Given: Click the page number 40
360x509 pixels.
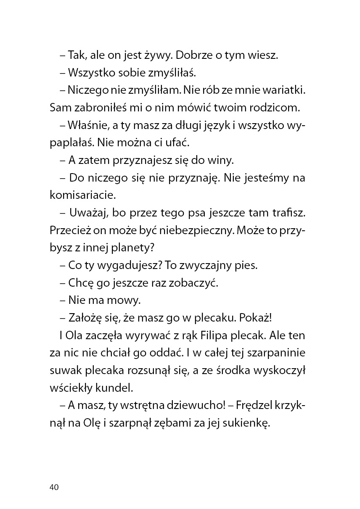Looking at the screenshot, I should point(54,487).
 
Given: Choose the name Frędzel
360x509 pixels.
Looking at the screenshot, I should point(255,406).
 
